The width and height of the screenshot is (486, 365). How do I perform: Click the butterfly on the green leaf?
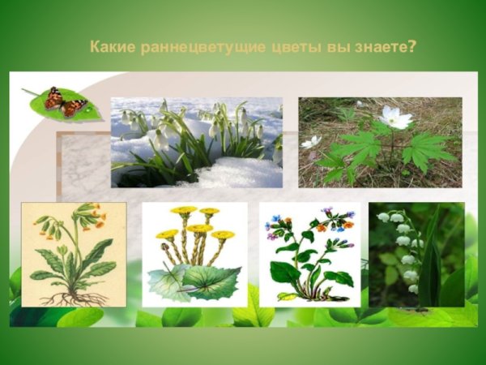pos(66,101)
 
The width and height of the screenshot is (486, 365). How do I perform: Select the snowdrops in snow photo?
pos(196,142)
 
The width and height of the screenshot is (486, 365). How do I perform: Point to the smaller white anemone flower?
pos(312,142)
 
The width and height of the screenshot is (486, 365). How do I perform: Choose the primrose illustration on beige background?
pos(74,255)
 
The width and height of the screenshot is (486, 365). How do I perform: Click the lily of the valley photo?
pos(416,255)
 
